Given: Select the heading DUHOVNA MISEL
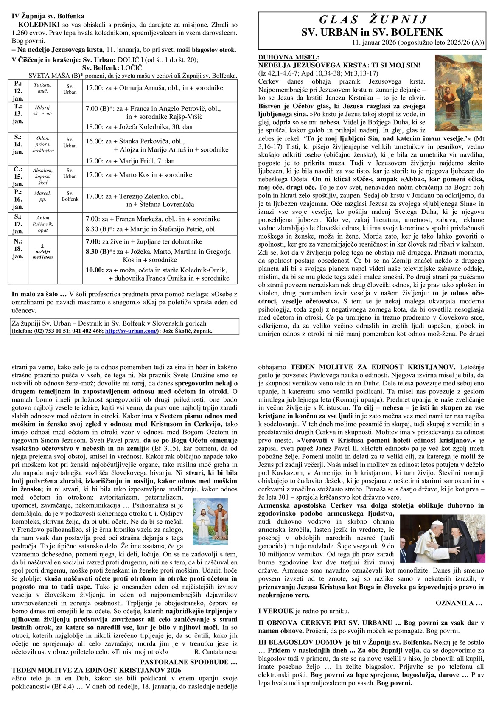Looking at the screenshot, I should click(x=288, y=57).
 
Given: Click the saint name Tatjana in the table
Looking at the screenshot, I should click(x=42, y=85).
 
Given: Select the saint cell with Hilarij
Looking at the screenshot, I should click(x=42, y=111).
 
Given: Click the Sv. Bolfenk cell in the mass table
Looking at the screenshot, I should click(x=70, y=196).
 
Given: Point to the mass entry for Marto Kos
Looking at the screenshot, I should click(x=139, y=175).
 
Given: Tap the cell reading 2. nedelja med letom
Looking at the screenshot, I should click(x=42, y=252).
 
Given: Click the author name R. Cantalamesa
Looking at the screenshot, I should click(x=216, y=652).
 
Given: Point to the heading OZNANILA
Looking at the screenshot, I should click(x=459, y=603).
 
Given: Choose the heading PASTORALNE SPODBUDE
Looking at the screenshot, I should click(x=188, y=662).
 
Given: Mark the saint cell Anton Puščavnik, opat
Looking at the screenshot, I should click(x=42, y=224).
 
